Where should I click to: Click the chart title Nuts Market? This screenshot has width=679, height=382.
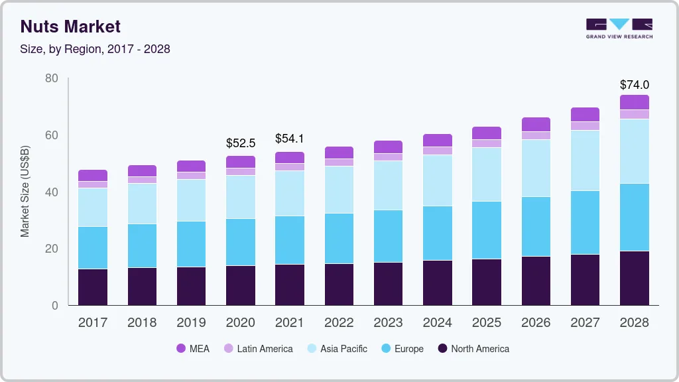[x=70, y=27]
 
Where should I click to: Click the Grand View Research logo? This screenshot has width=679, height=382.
[x=619, y=29]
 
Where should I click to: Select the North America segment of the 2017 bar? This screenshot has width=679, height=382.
[x=93, y=287]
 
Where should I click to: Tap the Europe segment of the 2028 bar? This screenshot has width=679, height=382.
[x=635, y=217]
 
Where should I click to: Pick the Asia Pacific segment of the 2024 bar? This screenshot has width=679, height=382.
[x=438, y=180]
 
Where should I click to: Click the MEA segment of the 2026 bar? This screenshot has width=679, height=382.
[x=536, y=124]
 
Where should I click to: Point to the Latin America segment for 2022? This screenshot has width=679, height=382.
[x=339, y=162]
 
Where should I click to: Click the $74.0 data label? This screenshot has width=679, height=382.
[x=635, y=85]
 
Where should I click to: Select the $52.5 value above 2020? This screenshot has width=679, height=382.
[x=241, y=143]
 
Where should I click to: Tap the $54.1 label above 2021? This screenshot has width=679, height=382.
[x=290, y=139]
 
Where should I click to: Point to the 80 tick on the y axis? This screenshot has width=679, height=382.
[x=52, y=79]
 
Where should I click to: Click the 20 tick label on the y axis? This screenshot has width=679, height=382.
[x=52, y=249]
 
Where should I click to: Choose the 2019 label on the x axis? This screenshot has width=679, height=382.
[x=191, y=323]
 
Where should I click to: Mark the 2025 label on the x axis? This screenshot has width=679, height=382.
[x=487, y=323]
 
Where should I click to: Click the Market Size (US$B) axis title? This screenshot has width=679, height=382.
[x=25, y=191]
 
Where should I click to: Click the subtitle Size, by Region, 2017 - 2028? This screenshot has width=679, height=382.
[x=95, y=49]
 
